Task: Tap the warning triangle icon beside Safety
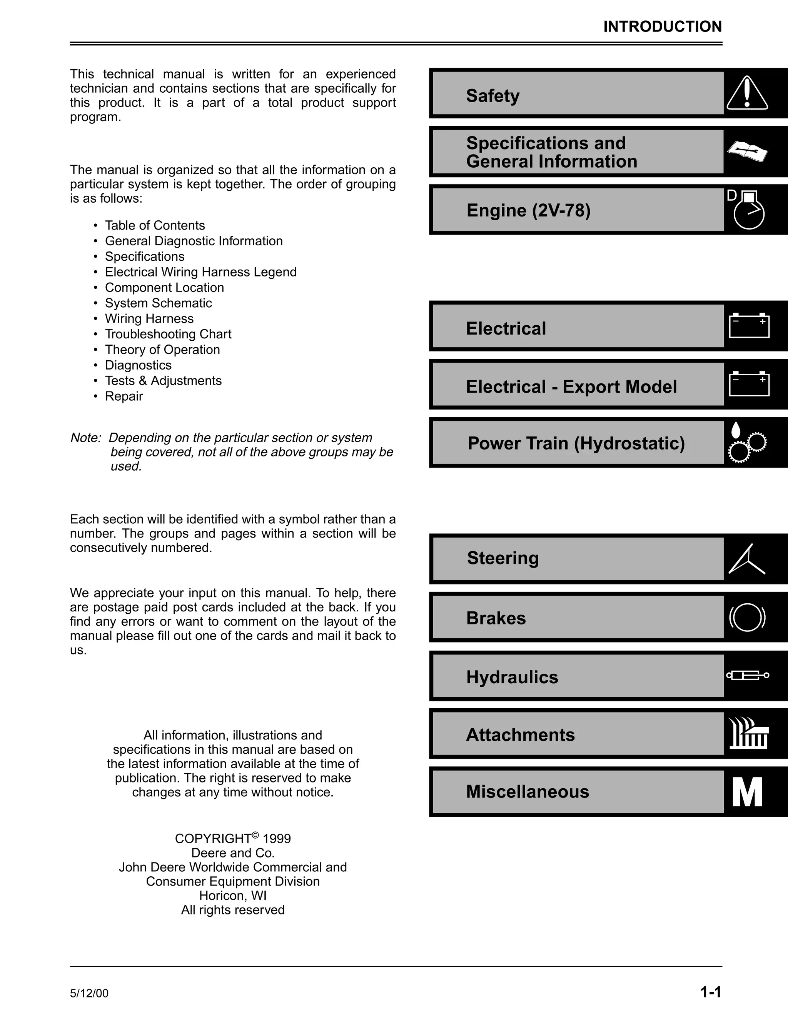pos(747,93)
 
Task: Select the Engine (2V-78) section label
pos(528,210)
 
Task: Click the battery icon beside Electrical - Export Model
pos(749,384)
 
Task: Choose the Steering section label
pos(503,558)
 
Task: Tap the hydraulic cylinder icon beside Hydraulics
pos(747,675)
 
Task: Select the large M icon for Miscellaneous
pos(747,792)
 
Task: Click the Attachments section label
pos(520,735)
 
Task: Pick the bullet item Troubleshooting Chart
pos(168,334)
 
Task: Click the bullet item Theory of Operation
pos(162,350)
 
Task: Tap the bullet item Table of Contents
pos(155,225)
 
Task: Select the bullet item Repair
pos(124,396)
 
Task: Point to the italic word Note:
pos(85,438)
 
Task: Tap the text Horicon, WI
pos(232,895)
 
